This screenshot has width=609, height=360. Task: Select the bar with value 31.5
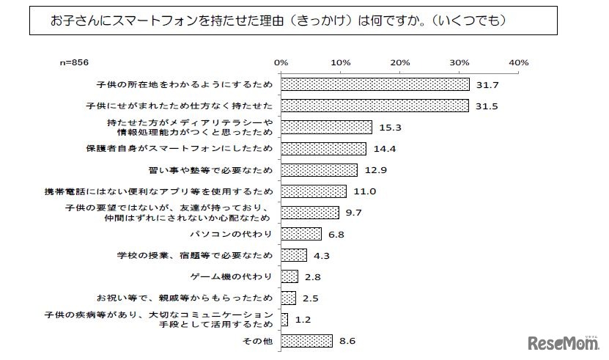click(x=374, y=106)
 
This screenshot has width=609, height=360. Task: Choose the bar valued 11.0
click(x=314, y=191)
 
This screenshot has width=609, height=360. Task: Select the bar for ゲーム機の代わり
click(x=289, y=276)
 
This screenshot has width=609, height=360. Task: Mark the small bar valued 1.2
click(x=284, y=319)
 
